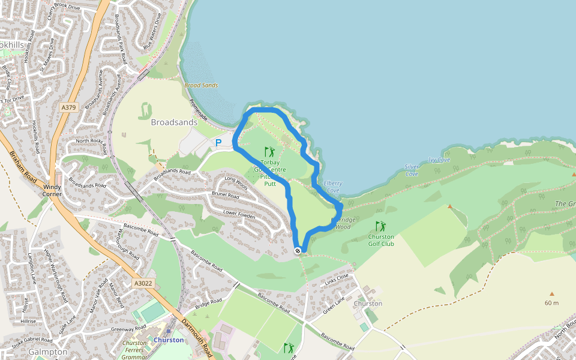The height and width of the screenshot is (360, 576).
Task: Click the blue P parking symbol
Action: pyautogui.click(x=218, y=143)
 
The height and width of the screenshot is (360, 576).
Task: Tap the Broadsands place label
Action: pyautogui.click(x=174, y=122)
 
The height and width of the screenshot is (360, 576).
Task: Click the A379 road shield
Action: pyautogui.click(x=69, y=107)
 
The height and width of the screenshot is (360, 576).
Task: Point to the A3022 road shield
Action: pyautogui.click(x=143, y=283)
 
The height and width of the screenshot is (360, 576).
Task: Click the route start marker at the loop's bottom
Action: pyautogui.click(x=298, y=250)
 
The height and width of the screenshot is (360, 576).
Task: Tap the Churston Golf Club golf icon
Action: pyautogui.click(x=380, y=226)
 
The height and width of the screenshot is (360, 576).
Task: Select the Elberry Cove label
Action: pyautogui.click(x=332, y=187)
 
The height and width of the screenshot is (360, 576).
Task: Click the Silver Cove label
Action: pyautogui.click(x=412, y=170)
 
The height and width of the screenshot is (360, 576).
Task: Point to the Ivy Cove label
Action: pyautogui.click(x=439, y=160)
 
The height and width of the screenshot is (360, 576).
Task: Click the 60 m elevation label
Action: pyautogui.click(x=551, y=303)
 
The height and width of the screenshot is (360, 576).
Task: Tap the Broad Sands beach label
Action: pyautogui.click(x=201, y=86)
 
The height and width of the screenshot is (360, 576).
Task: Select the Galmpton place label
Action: pyautogui.click(x=48, y=352)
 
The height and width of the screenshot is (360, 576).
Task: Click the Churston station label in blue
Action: pyautogui.click(x=169, y=340)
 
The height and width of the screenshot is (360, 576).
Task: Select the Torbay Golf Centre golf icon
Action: pyautogui.click(x=269, y=152)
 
